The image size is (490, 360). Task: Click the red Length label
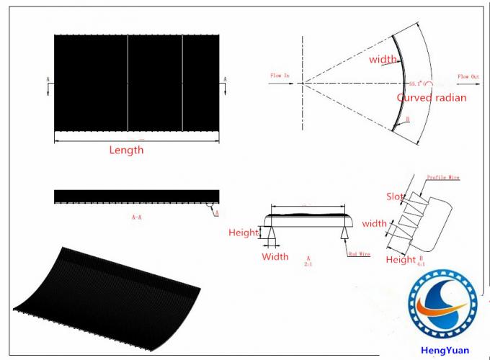126,150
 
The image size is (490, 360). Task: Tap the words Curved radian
432,97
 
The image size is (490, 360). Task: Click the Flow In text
279,75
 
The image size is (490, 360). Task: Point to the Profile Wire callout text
442,176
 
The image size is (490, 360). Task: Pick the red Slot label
396,196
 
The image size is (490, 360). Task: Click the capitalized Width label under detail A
275,256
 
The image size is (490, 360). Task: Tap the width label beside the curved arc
383,60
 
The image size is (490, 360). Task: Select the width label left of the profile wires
374,223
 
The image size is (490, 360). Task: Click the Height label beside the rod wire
244,233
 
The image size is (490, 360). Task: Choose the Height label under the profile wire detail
401,260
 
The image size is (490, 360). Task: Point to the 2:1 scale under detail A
308,264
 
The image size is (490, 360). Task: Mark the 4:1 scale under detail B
421,264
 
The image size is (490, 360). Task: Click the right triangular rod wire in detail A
345,234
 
